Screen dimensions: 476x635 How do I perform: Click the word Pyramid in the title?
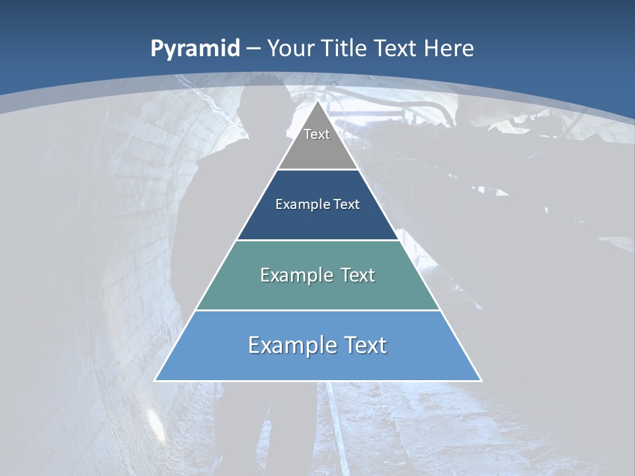pyautogui.click(x=194, y=49)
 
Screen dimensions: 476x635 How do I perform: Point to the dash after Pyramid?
pyautogui.click(x=253, y=49)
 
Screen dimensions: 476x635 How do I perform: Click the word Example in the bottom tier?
pyautogui.click(x=289, y=345)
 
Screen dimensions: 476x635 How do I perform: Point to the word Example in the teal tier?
pyautogui.click(x=294, y=275)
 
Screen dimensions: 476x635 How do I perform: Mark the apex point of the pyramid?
pyautogui.click(x=318, y=102)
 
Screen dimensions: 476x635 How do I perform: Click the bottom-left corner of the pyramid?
pyautogui.click(x=155, y=380)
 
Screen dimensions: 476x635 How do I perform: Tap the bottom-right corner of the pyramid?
pyautogui.click(x=481, y=380)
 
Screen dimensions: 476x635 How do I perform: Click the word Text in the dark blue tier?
pyautogui.click(x=347, y=204)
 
